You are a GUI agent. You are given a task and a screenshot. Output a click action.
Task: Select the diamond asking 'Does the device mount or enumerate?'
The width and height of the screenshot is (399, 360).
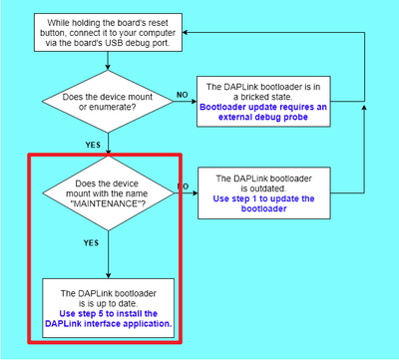[x=108, y=103]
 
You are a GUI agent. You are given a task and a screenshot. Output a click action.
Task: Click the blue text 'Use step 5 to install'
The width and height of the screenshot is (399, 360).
[x=108, y=318]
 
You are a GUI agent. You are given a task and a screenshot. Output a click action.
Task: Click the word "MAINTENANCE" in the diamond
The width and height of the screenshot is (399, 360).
[x=107, y=212]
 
